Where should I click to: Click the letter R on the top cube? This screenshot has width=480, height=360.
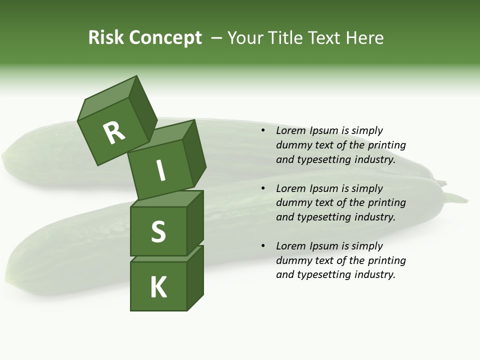click(114, 132)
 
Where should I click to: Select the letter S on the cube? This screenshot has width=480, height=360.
click(158, 231)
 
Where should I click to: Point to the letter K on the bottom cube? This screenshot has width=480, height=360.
click(158, 287)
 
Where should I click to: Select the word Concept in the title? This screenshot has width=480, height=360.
click(165, 38)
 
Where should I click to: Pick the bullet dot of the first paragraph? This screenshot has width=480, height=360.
click(263, 131)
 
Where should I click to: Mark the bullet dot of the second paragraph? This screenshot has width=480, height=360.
click(263, 189)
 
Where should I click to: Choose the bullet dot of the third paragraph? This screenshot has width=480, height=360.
click(263, 246)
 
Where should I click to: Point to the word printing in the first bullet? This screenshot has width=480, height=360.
click(387, 145)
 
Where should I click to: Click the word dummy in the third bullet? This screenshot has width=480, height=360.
click(292, 260)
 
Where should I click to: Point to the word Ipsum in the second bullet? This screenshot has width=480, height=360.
click(324, 189)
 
